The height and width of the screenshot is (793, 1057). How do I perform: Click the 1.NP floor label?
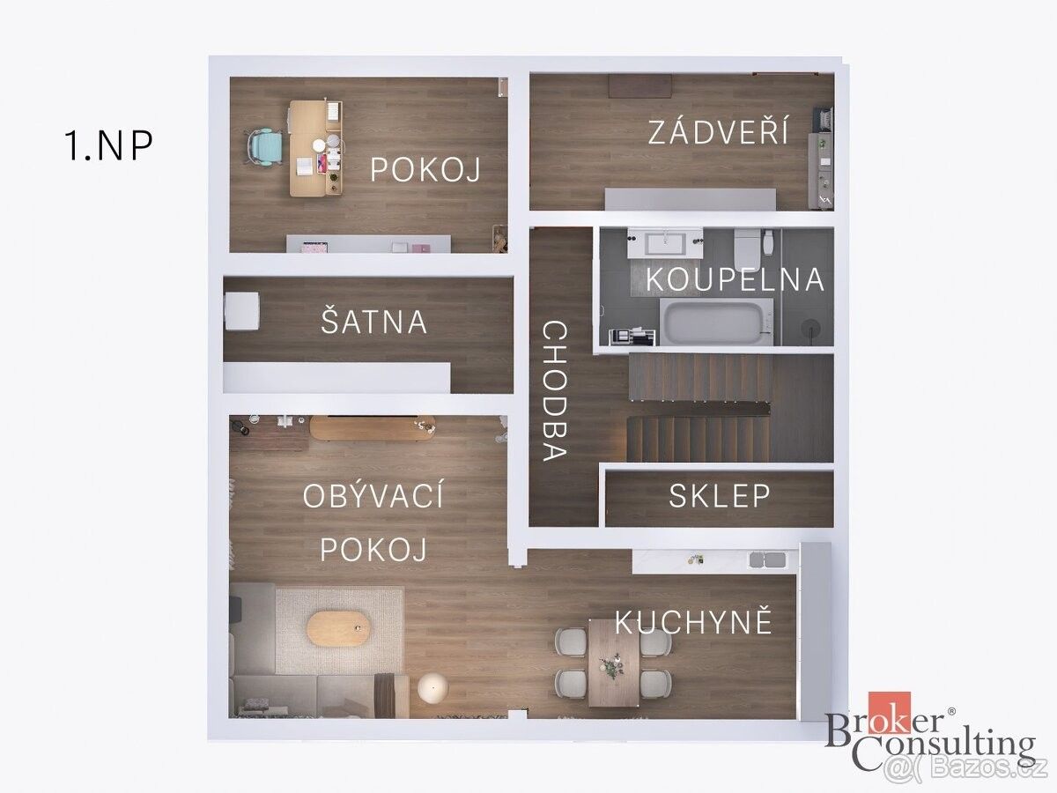(109, 144)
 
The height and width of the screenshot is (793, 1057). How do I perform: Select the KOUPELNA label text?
(735, 279)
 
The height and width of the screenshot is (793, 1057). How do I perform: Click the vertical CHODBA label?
(555, 390)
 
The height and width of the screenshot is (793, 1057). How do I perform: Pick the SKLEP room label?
(720, 495)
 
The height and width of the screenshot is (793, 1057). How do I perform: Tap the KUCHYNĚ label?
(693, 620)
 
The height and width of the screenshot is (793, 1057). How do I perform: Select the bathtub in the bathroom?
(716, 322)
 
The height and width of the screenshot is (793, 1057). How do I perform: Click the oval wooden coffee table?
(338, 628)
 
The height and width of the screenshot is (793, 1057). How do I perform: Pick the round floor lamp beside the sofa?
(432, 687)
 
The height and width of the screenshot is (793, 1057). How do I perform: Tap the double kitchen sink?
(767, 560)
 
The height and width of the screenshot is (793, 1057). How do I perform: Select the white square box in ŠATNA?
(241, 310)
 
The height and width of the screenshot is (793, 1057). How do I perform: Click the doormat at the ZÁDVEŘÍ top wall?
(640, 86)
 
